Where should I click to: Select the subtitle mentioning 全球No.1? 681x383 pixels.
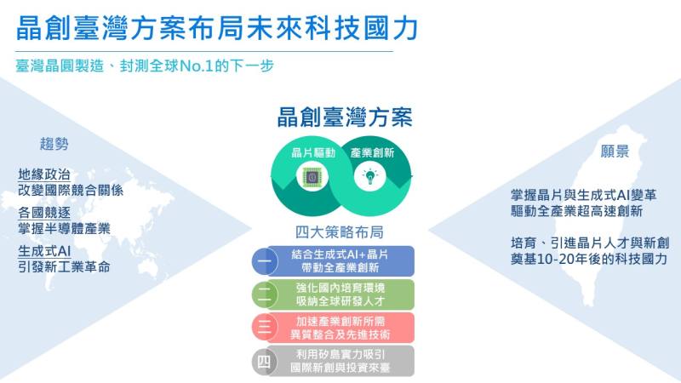pyautogui.click(x=144, y=65)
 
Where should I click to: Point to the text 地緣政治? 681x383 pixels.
pyautogui.click(x=44, y=174)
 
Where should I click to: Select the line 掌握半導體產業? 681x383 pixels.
pyautogui.click(x=64, y=228)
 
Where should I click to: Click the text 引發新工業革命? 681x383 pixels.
pyautogui.click(x=64, y=267)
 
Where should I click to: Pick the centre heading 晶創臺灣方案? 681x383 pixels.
pyautogui.click(x=345, y=117)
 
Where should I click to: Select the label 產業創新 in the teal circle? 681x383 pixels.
pyautogui.click(x=371, y=153)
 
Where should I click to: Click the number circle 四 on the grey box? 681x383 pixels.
pyautogui.click(x=264, y=361)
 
